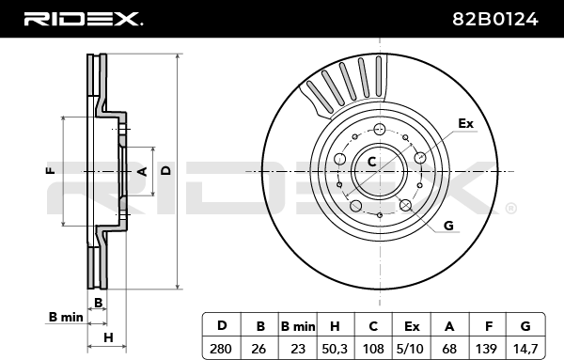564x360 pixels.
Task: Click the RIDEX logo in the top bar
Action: pos(84,19)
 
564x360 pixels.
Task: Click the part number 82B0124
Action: pos(495,19)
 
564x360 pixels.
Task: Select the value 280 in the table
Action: pos(221,349)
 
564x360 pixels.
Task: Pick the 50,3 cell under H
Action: pos(335,349)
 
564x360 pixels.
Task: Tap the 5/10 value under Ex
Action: pos(411,349)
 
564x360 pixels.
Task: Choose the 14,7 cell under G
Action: pos(525,349)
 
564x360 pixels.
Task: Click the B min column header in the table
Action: pos(298,326)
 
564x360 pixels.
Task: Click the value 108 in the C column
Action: pos(373,349)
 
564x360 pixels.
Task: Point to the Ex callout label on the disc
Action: pos(466,123)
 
